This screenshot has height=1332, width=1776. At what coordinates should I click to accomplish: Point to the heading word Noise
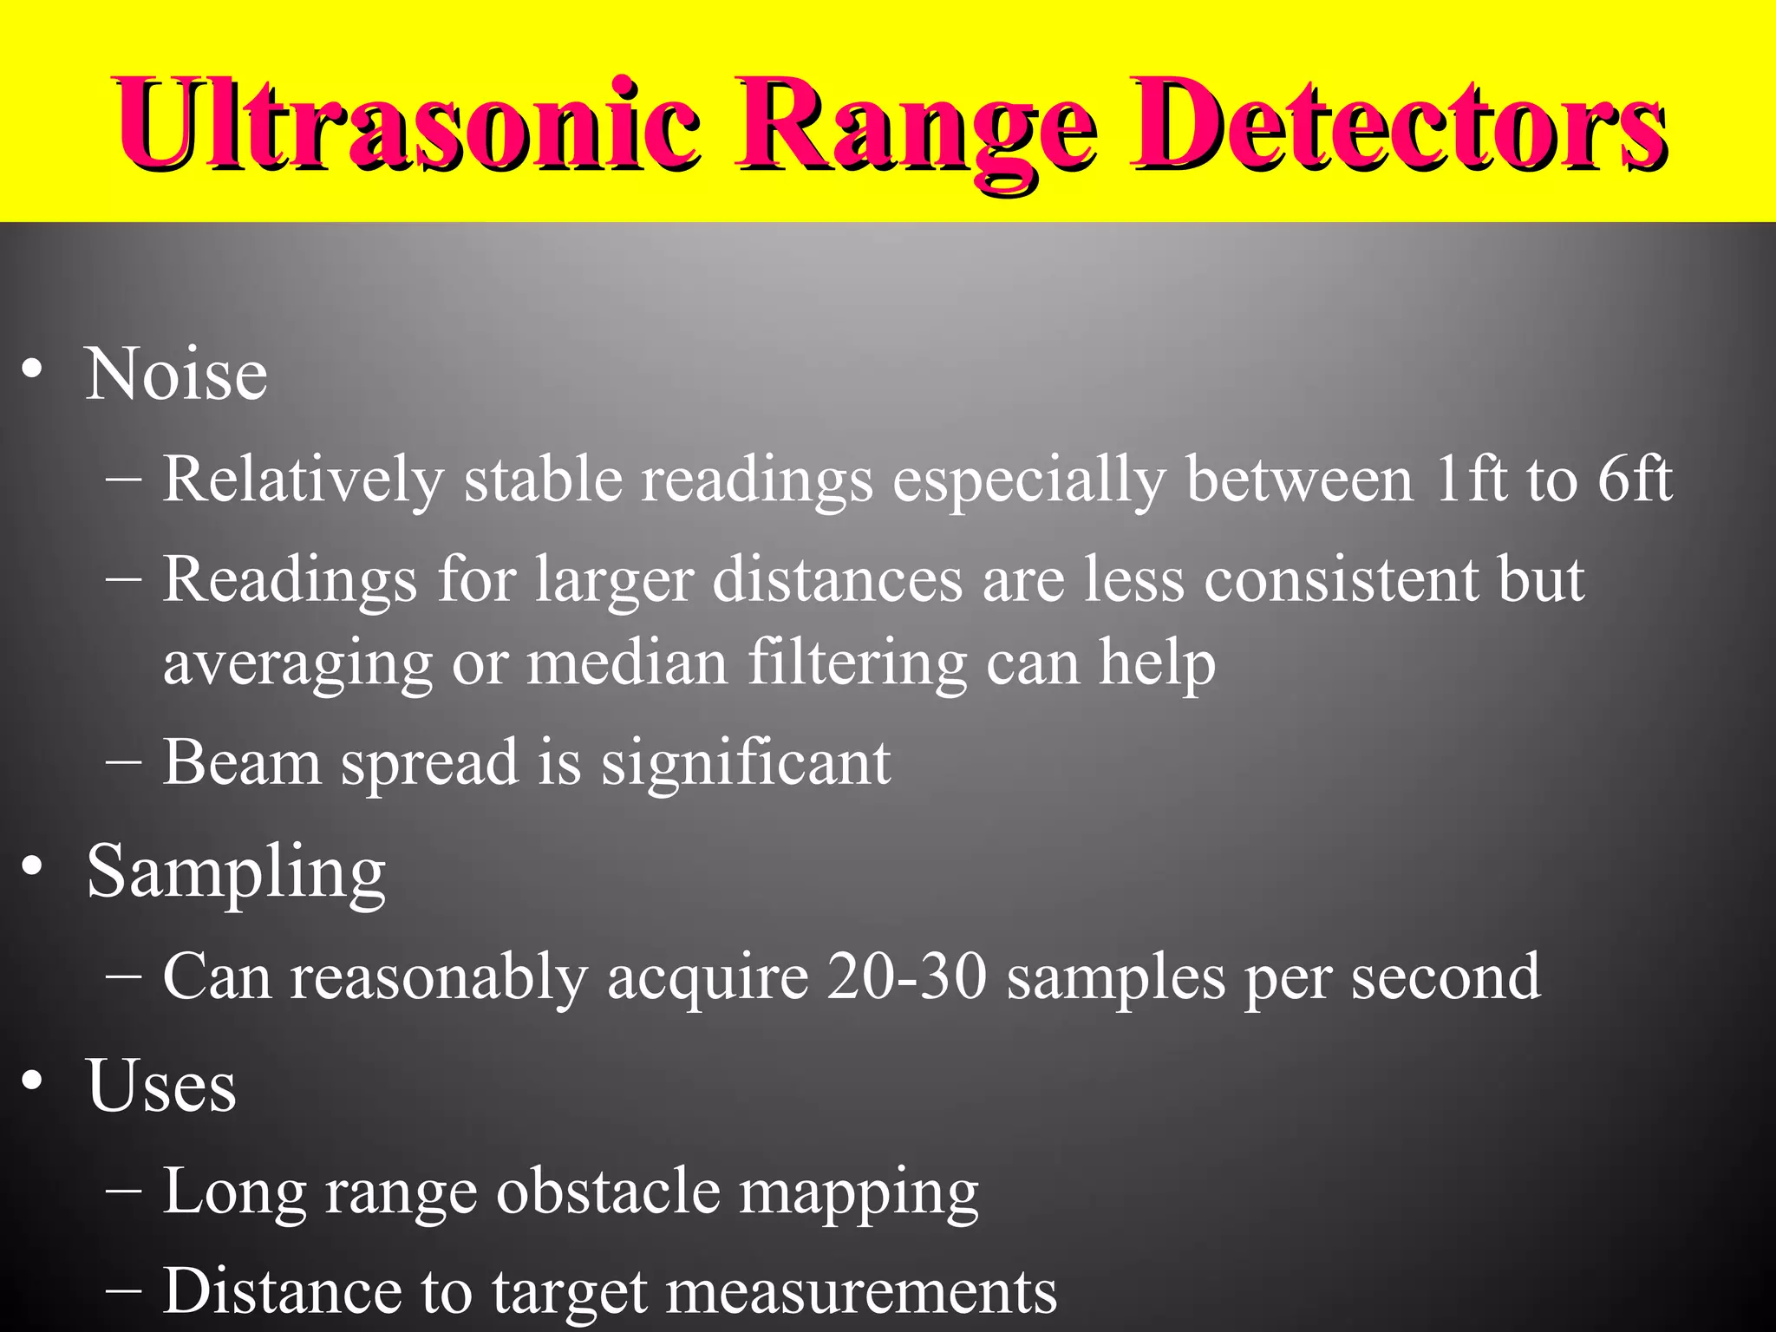click(176, 375)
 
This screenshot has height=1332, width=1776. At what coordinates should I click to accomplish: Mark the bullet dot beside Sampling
click(33, 866)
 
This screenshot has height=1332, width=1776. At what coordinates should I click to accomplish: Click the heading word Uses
click(161, 1086)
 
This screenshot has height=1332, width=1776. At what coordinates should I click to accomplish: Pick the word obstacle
click(607, 1192)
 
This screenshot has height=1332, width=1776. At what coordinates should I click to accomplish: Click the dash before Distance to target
click(123, 1290)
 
